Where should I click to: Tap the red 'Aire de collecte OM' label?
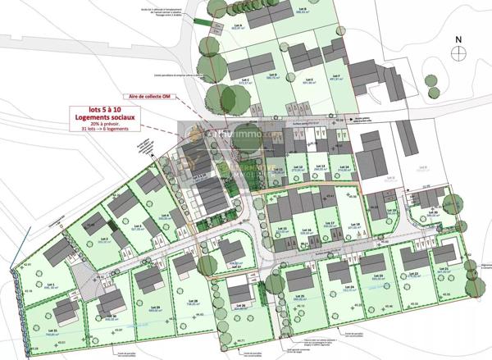(x=143, y=96)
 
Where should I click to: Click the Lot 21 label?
(x=444, y=268)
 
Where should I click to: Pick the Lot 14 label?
(x=345, y=166)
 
